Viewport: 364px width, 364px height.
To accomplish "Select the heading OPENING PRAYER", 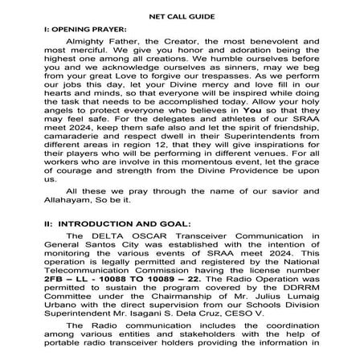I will click(86, 29).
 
